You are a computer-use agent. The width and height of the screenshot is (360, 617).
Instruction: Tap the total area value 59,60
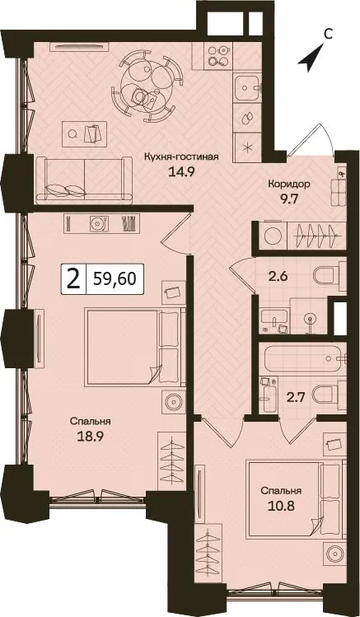115,279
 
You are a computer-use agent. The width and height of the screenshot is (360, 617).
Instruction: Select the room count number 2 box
72,279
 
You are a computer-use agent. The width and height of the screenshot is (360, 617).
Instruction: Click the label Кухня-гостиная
181,157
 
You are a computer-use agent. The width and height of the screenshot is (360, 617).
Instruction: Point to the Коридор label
289,184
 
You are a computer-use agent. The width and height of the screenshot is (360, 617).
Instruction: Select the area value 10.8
282,505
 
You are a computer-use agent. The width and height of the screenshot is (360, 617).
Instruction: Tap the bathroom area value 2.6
278,276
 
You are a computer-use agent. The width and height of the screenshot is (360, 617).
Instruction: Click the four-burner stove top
218,56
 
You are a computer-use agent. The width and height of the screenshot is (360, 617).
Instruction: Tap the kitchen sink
247,88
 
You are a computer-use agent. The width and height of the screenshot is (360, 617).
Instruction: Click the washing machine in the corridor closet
272,236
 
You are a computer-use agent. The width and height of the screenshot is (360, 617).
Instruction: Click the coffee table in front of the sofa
84,133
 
